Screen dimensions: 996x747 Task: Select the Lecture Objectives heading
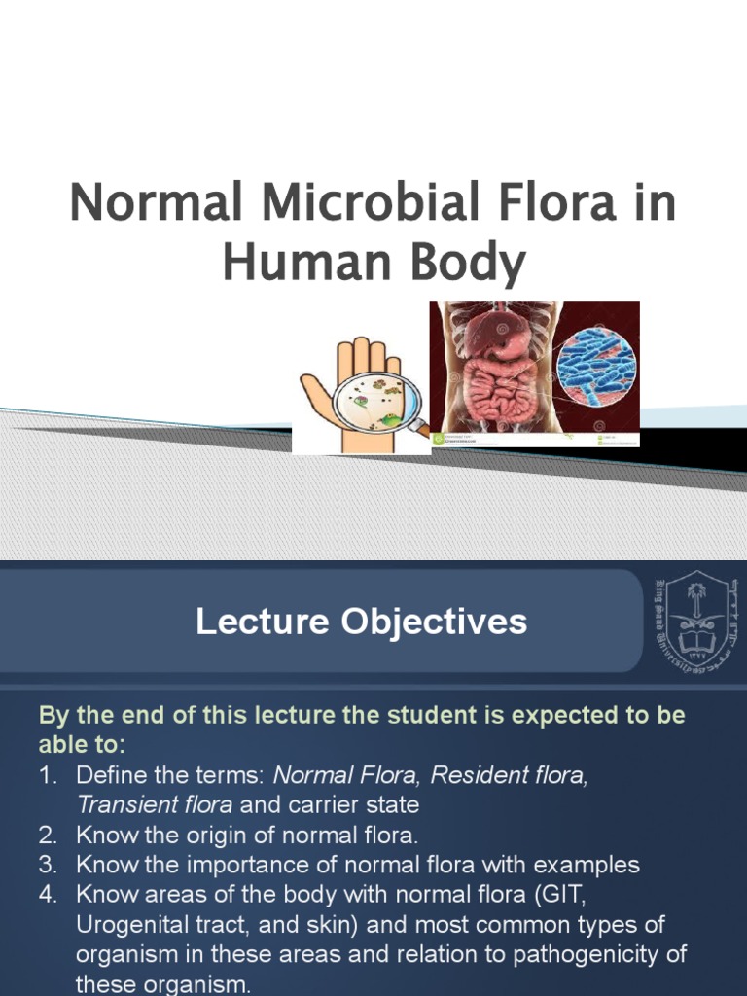point(361,622)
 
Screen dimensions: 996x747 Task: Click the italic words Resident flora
point(509,775)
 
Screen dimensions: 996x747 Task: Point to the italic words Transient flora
point(154,804)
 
